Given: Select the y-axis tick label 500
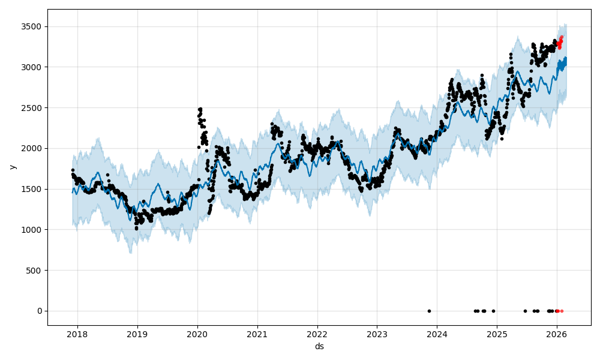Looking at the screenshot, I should (x=35, y=270).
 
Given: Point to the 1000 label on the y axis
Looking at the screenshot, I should (x=33, y=230).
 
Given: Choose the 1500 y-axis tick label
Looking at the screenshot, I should (x=33, y=189).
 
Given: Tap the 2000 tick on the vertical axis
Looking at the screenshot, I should (x=33, y=148).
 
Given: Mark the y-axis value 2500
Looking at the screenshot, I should (x=33, y=108).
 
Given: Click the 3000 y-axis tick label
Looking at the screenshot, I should (x=33, y=67).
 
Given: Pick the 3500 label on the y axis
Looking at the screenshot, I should (x=33, y=26).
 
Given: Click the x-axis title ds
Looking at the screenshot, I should (x=319, y=346).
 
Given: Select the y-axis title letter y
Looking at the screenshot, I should (x=11, y=167).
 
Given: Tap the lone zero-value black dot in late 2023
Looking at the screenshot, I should (x=429, y=311).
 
